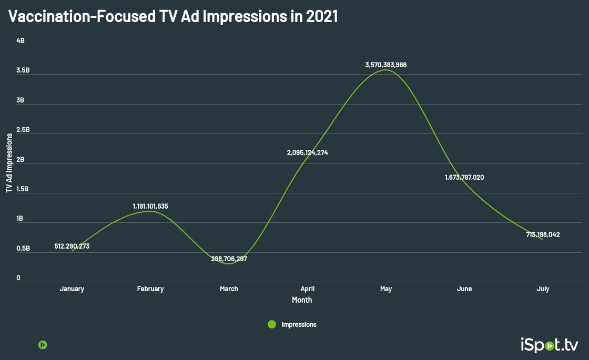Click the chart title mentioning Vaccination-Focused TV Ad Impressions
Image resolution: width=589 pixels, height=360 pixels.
tap(173, 17)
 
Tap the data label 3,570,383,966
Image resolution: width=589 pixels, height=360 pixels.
tap(386, 65)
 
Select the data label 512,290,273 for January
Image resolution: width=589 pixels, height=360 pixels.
tap(72, 246)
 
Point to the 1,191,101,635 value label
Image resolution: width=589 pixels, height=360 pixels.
tap(150, 206)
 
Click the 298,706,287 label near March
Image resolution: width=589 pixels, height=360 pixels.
tap(229, 259)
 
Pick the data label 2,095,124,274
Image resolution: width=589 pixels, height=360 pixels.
tap(307, 153)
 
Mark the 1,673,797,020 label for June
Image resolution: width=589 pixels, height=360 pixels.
tap(464, 177)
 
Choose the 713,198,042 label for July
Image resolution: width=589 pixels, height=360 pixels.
tap(543, 235)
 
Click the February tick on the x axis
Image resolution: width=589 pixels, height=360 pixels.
tap(150, 289)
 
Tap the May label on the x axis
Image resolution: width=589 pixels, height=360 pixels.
tap(386, 289)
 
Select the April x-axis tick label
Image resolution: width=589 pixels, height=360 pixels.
tap(307, 289)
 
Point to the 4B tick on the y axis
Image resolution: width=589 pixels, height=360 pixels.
tap(21, 41)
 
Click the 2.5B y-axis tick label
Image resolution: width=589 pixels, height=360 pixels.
tap(23, 130)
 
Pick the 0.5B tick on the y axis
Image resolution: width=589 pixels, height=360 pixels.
tap(23, 248)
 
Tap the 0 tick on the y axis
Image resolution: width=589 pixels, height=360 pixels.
tap(18, 278)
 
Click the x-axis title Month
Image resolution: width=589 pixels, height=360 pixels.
tap(302, 300)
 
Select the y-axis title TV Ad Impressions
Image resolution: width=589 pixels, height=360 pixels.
tap(9, 162)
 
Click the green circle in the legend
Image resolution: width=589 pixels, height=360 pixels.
tap(272, 324)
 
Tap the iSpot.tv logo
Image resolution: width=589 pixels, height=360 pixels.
tap(549, 345)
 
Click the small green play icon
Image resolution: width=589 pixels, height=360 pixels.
tap(43, 345)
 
